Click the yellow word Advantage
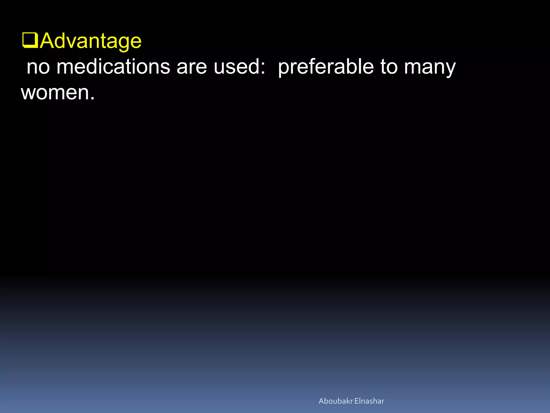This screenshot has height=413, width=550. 91,41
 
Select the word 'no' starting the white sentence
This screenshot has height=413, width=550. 38,67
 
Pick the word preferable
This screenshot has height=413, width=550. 326,67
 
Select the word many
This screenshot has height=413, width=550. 430,67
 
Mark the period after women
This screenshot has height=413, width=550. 92,98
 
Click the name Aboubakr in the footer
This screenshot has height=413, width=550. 335,401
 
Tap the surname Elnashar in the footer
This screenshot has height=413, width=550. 369,401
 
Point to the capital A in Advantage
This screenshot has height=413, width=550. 48,41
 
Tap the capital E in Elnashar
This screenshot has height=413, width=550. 356,401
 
